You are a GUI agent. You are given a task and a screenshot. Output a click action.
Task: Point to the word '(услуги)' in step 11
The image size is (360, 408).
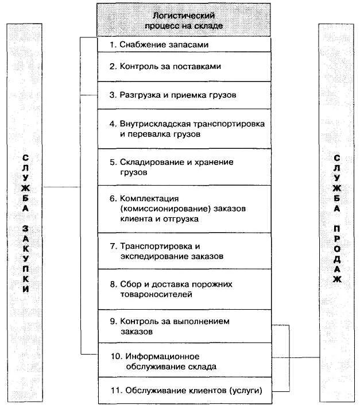(x=246, y=391)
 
